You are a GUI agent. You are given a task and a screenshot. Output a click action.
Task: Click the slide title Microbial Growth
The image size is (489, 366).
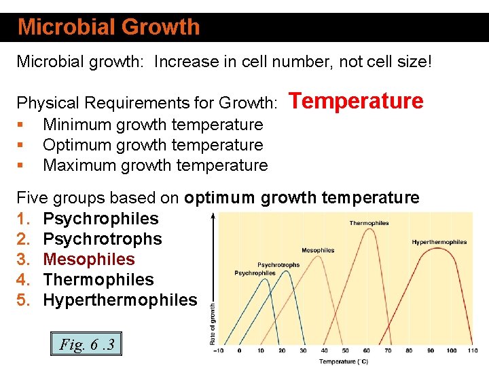tap(109, 27)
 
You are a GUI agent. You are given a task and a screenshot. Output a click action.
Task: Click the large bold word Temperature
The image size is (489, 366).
tap(357, 101)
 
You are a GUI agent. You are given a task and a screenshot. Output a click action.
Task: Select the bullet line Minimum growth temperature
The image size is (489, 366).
tap(153, 125)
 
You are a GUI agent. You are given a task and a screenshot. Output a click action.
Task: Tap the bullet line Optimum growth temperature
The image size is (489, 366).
tap(153, 145)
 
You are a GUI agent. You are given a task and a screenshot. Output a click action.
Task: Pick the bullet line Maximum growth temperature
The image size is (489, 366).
tap(155, 165)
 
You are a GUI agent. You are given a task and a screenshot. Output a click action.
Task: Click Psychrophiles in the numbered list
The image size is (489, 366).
tap(101, 219)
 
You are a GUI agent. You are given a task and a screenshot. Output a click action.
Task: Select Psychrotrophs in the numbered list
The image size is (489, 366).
tap(103, 239)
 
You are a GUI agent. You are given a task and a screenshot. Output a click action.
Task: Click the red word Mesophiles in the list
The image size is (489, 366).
tap(89, 260)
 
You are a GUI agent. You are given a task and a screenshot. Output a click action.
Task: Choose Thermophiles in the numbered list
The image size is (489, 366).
tap(98, 280)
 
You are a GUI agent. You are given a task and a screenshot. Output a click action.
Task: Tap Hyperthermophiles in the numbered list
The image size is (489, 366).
tap(120, 300)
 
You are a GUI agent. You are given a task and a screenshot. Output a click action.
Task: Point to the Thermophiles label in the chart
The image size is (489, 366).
tap(369, 223)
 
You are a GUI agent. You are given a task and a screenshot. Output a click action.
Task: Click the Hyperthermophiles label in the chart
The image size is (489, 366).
tap(439, 242)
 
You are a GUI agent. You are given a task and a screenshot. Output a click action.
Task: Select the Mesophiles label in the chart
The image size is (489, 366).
tap(318, 250)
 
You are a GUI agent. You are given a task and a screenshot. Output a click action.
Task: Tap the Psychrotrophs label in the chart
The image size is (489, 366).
tap(278, 265)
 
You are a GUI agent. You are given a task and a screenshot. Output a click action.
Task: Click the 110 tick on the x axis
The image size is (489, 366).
tap(473, 350)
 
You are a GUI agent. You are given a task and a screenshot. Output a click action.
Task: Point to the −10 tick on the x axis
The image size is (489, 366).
tap(217, 350)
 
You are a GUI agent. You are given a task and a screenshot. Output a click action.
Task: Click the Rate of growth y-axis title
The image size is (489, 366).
tap(213, 325)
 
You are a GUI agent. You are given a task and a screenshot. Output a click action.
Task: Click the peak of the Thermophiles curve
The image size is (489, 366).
tap(369, 230)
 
